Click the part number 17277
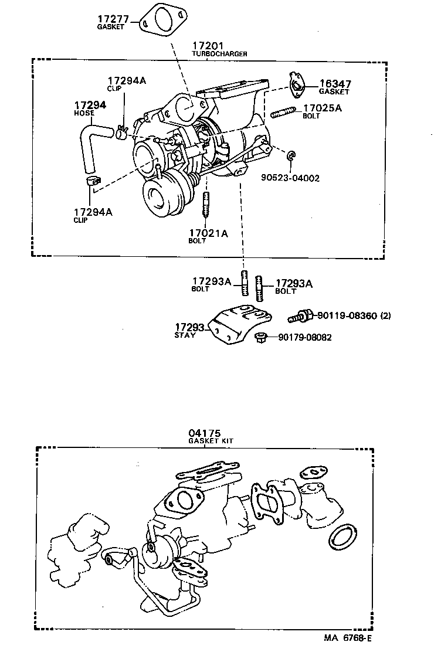[113, 19]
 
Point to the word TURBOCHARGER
[219, 54]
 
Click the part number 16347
[335, 84]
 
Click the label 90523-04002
[290, 178]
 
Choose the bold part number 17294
[90, 105]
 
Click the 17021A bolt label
[208, 233]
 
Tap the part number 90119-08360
[347, 316]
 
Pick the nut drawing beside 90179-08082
[262, 337]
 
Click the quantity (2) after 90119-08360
[385, 316]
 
